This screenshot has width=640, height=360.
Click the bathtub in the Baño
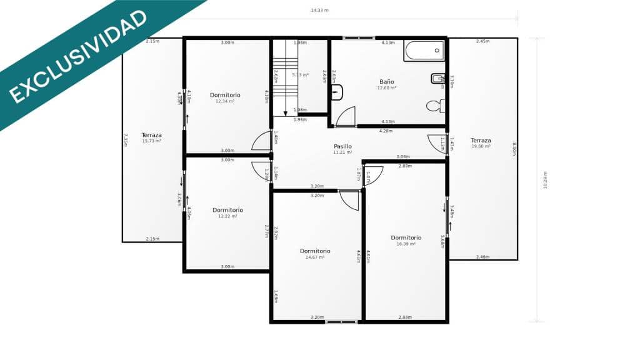pos(424,51)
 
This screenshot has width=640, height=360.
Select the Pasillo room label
pos(342,146)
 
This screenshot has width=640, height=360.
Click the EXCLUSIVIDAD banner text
pos(77,56)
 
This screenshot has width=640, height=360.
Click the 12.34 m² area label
pos(225,101)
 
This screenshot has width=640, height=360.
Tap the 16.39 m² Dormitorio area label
pos(406,244)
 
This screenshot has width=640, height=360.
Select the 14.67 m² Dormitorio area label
pos(315,257)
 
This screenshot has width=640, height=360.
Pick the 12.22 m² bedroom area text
pos(227,216)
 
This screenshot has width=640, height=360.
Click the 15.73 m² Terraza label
pos(151,141)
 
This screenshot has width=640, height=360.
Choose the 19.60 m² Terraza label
pos(481,146)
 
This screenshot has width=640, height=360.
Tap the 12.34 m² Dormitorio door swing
pos(261,142)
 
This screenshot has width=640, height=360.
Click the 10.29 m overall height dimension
pos(545,180)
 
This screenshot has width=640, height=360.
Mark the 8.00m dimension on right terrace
pos(514,149)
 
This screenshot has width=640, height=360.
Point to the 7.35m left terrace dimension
pos(126,140)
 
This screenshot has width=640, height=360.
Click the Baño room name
pos(387,82)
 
